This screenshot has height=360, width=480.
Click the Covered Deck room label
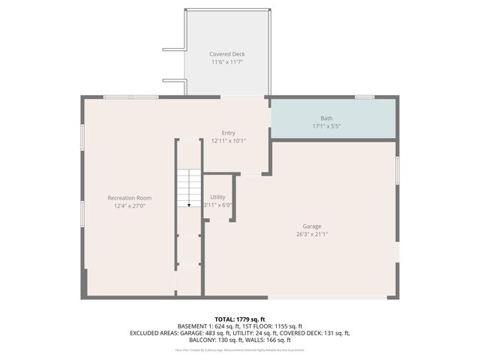coord(227,54)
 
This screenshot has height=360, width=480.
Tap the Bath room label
coord(327,118)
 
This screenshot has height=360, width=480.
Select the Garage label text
coord(311,226)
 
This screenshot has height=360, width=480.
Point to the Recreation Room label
coord(129,198)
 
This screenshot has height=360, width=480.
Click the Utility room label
coord(217,196)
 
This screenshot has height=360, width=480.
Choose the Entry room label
coord(228,133)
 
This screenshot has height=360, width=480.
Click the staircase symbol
coord(189,187)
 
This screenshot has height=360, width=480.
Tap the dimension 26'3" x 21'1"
coord(311,234)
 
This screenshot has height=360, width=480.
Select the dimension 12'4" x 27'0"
coord(129,205)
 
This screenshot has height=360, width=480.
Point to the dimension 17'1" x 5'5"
coord(327,126)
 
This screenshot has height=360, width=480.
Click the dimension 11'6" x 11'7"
coord(227,62)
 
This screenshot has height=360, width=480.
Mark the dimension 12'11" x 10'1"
coord(228,140)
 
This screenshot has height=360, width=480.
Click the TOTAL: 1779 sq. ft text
coord(239,319)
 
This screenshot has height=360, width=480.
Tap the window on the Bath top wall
coord(364,97)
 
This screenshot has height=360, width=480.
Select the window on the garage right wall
coord(397,169)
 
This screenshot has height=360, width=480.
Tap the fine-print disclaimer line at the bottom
coord(239,349)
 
